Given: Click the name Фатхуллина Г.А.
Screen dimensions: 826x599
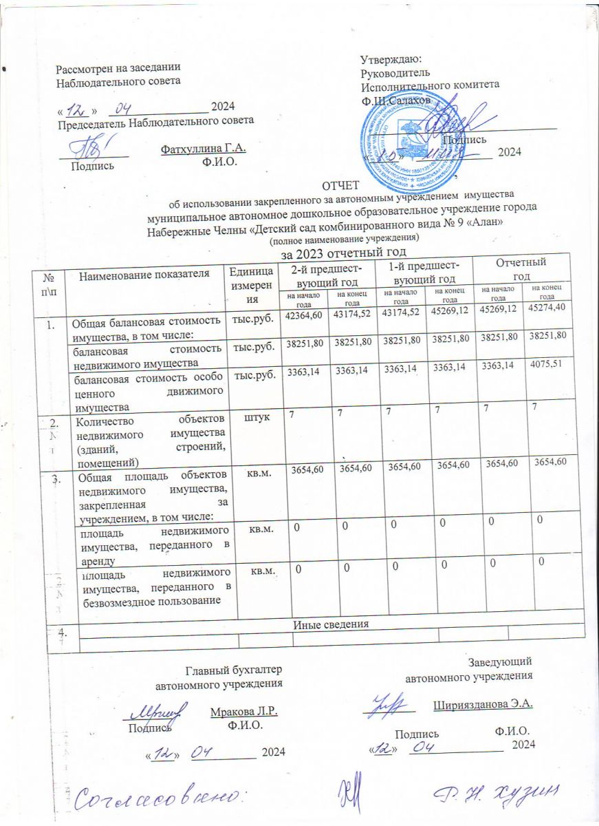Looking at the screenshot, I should coord(203,149).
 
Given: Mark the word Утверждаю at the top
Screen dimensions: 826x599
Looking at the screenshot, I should coord(391,60).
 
